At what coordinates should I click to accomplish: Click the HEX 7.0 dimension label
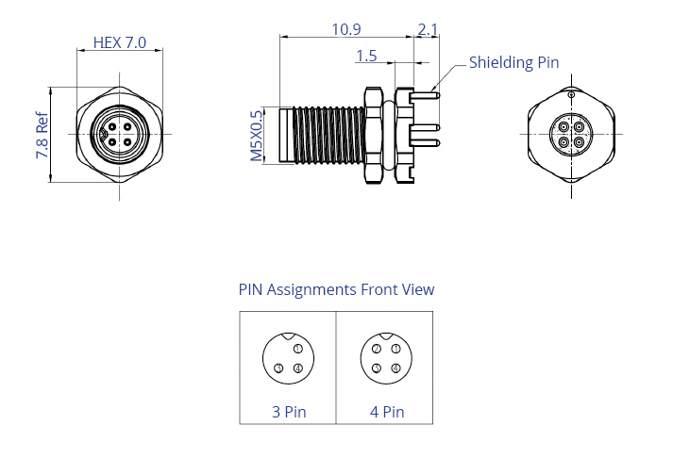(120, 42)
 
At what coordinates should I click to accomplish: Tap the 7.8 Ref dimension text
(42, 135)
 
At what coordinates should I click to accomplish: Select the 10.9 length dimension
(345, 29)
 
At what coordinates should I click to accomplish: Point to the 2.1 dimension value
(427, 29)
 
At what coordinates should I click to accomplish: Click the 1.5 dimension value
(366, 56)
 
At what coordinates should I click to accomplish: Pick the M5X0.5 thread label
(256, 135)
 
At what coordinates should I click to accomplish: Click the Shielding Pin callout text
(513, 63)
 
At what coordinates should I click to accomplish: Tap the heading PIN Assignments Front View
(336, 289)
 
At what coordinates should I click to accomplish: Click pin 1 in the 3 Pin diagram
(298, 349)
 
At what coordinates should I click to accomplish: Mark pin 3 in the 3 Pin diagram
(278, 368)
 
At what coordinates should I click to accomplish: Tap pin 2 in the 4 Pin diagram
(376, 349)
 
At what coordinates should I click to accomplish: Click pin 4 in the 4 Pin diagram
(395, 368)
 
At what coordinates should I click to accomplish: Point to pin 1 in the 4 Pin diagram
(395, 349)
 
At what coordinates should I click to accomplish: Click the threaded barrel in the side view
(325, 135)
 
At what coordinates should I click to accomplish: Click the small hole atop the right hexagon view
(571, 95)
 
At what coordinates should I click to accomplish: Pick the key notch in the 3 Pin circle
(289, 338)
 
